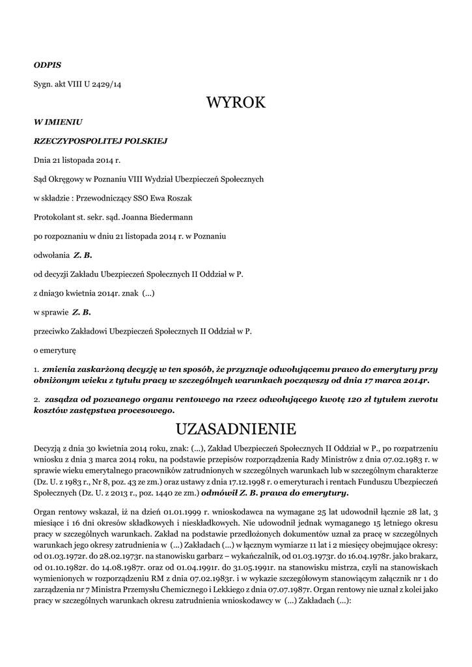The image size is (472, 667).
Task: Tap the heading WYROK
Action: pyautogui.click(x=236, y=103)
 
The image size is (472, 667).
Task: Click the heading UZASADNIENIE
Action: pyautogui.click(x=236, y=429)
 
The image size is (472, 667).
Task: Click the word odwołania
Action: pyautogui.click(x=51, y=255)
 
